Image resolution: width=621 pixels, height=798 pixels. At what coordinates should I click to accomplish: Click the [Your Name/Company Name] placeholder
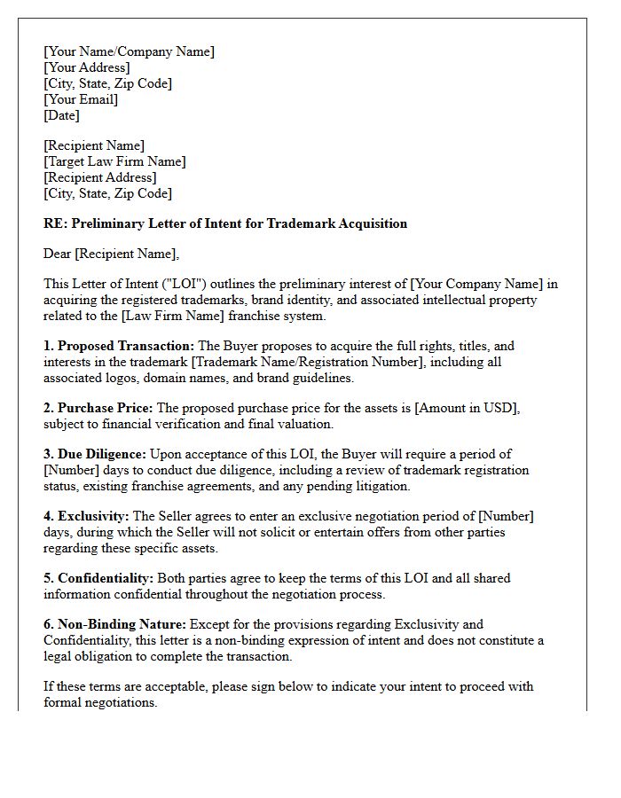click(129, 51)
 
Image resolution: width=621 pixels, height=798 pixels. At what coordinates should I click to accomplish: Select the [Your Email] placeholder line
click(81, 99)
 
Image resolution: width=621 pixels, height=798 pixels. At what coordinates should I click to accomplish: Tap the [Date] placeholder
click(61, 115)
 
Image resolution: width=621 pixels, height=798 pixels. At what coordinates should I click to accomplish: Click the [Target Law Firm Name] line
click(114, 161)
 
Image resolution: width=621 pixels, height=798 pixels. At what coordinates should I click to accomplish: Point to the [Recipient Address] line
click(99, 177)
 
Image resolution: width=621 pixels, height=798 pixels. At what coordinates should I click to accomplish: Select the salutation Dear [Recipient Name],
click(111, 254)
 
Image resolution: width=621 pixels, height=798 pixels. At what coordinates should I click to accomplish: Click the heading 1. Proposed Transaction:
click(119, 347)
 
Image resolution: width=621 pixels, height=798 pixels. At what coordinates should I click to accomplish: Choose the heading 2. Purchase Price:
click(98, 408)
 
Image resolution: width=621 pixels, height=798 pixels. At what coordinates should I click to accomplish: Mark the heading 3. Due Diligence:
click(95, 454)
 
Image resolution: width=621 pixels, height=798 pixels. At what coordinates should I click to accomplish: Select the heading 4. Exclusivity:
click(86, 516)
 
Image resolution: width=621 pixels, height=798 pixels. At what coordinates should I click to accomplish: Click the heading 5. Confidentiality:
click(98, 578)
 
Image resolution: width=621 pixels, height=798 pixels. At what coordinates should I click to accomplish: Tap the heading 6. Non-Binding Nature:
click(114, 624)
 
